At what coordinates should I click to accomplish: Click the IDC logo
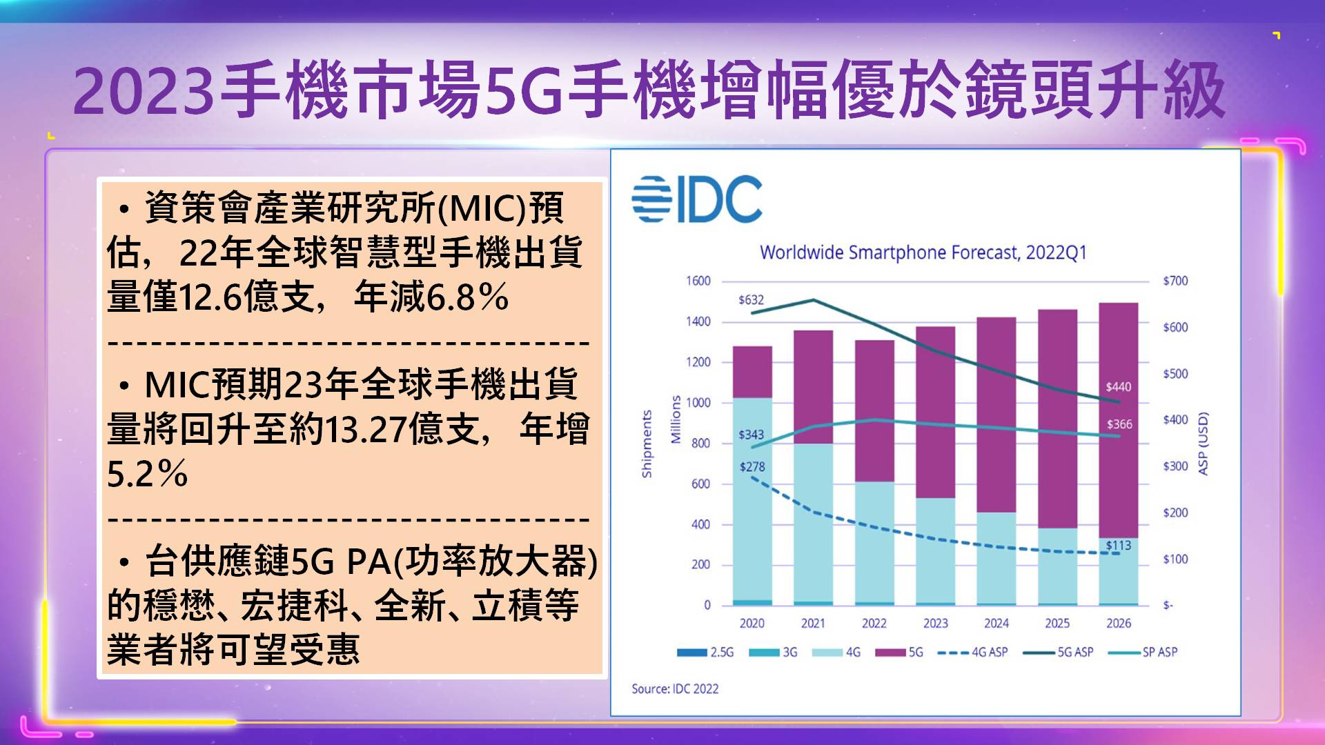point(697,199)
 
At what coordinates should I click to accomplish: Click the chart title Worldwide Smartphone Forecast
point(923,252)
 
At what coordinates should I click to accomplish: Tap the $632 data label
point(751,300)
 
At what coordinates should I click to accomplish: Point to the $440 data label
point(1118,387)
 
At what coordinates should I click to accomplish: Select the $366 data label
point(1119,424)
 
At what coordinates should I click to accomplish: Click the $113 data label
point(1118,546)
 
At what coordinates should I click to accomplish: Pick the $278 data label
point(752,467)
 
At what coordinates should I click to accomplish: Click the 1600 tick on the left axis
point(698,281)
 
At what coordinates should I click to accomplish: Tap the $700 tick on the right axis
point(1175,281)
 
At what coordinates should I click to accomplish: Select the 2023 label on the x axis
point(935,624)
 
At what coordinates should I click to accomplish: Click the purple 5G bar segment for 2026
point(1118,421)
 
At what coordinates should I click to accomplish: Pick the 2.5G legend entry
point(705,652)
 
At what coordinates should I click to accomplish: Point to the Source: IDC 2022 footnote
point(675,688)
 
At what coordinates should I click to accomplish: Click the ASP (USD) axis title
point(1203,444)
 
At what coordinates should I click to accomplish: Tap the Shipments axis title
point(647,444)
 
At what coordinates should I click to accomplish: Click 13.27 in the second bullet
point(364,430)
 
